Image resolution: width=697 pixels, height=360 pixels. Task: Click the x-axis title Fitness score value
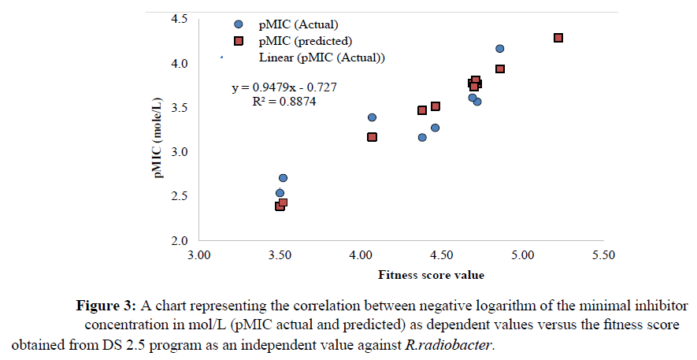(x=431, y=275)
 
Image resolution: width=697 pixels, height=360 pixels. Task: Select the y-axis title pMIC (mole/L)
(x=161, y=131)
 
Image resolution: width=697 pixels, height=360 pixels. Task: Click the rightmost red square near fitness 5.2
(x=558, y=38)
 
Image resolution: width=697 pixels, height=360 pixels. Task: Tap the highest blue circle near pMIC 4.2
(x=499, y=49)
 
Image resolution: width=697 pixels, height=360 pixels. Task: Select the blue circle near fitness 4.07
(x=372, y=117)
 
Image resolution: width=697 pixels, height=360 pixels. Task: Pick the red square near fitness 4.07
(x=372, y=137)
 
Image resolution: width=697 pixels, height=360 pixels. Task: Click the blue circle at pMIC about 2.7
(x=283, y=178)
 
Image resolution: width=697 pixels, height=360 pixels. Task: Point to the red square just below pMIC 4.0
(x=499, y=69)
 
